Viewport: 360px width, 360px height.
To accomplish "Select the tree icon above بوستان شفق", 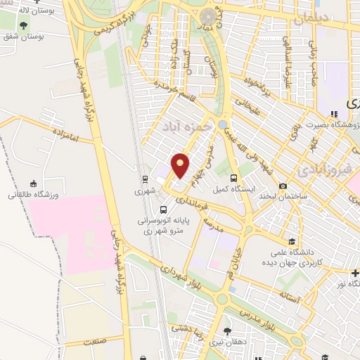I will (x=23, y=25).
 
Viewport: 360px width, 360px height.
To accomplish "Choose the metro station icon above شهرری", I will (x=144, y=179).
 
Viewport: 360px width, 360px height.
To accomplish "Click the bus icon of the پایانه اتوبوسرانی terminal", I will (x=164, y=209).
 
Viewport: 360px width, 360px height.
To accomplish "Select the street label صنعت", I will (x=93, y=341).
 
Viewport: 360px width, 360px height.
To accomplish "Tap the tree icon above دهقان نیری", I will (x=226, y=330).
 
